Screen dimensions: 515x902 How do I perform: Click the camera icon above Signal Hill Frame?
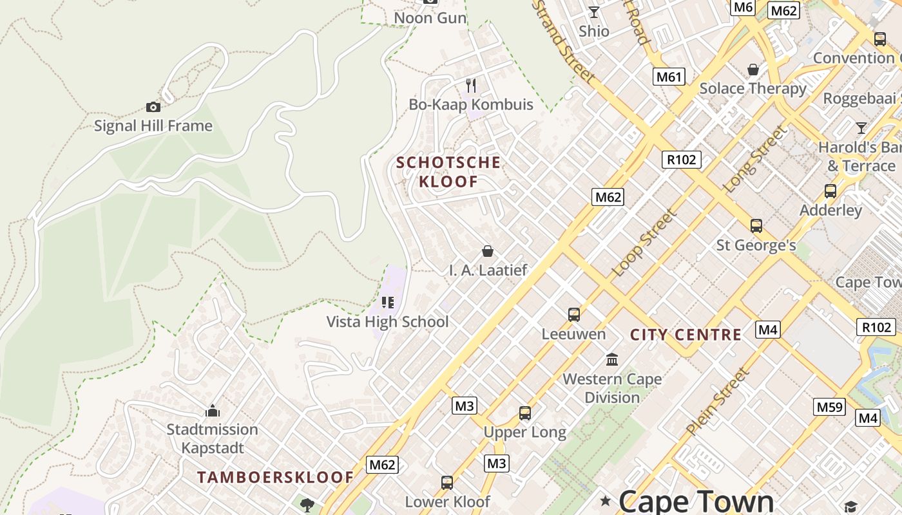coord(153,107)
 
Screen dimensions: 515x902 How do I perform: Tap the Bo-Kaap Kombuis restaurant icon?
coord(471,86)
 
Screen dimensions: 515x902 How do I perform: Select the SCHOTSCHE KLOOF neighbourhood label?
coord(448,172)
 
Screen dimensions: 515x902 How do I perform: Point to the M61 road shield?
coord(668,77)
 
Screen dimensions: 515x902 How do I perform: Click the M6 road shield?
coord(743,7)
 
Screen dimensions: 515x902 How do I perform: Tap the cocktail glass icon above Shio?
coord(593,12)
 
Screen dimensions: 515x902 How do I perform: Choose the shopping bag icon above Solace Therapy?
coord(753,70)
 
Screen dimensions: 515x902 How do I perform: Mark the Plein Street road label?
coord(718,401)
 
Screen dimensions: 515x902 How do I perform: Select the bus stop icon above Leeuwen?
coord(573,315)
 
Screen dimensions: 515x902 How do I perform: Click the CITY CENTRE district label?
coord(686,335)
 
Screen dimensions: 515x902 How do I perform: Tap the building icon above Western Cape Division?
coord(612,359)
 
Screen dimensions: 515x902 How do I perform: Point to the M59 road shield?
coord(829,407)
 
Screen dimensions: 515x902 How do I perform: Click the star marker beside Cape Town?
coord(605,501)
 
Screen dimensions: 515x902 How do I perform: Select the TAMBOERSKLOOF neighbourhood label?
coord(275,478)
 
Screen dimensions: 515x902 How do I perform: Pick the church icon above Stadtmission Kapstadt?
coord(213,411)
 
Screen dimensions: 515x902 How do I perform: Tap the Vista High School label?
coord(387,322)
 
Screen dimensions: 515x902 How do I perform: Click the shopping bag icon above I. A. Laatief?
coord(488,251)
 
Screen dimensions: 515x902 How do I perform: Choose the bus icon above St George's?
coord(756,226)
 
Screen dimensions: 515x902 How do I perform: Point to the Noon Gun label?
coord(430,18)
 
